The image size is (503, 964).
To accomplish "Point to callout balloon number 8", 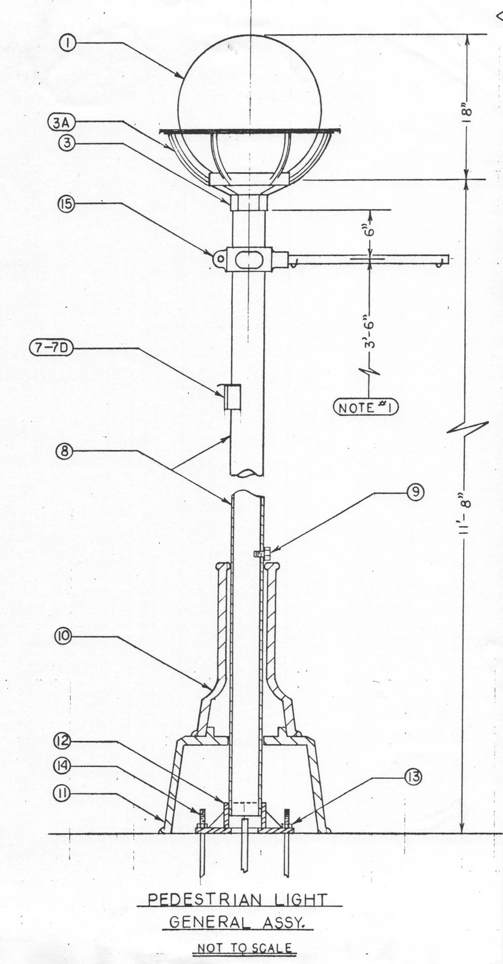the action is pos(64,451).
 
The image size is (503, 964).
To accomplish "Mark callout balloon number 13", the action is pos(413,776).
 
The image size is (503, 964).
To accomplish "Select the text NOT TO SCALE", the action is pos(244,947).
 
